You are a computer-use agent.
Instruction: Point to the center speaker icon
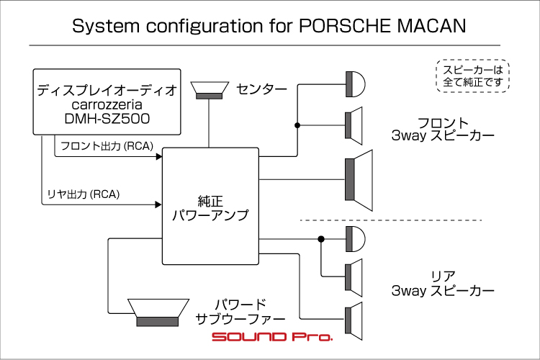click(210, 90)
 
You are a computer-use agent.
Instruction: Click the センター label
click(261, 90)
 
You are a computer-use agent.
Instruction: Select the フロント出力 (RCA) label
click(107, 146)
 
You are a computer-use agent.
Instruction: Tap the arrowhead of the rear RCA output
click(158, 204)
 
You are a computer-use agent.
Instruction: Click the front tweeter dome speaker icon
click(355, 84)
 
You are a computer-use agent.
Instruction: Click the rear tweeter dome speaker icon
click(355, 238)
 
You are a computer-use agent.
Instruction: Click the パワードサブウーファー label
click(240, 310)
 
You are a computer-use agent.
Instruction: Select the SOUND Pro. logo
click(271, 337)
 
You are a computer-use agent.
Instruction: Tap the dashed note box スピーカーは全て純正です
click(473, 76)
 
